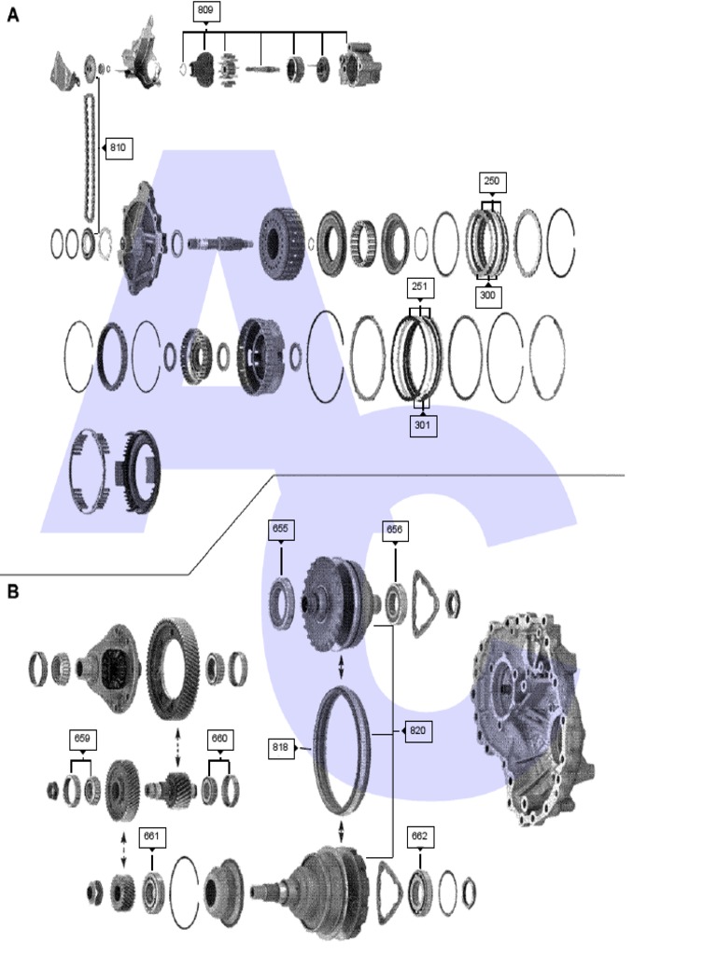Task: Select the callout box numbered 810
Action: pyautogui.click(x=119, y=147)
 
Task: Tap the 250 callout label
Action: pyautogui.click(x=491, y=181)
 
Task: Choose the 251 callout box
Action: pyautogui.click(x=420, y=285)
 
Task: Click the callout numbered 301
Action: pyautogui.click(x=423, y=425)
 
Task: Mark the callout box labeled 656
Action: pyautogui.click(x=396, y=530)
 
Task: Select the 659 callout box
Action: pyautogui.click(x=82, y=740)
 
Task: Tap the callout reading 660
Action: pyautogui.click(x=219, y=740)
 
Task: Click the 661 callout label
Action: pyautogui.click(x=151, y=837)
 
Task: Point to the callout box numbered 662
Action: pyautogui.click(x=420, y=837)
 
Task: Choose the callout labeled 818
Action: pyautogui.click(x=280, y=746)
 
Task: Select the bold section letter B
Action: pyautogui.click(x=13, y=591)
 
